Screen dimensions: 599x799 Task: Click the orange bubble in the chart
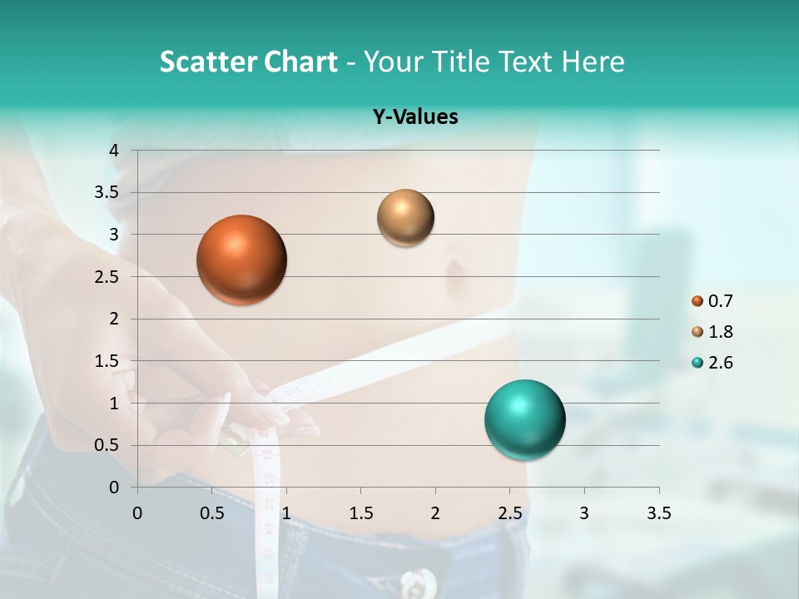click(x=241, y=260)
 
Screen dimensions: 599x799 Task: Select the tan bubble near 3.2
click(x=405, y=217)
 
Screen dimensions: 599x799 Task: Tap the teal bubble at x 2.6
click(x=524, y=419)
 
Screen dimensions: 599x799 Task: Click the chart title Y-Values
click(x=415, y=117)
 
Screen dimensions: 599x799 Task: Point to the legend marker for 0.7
click(x=697, y=301)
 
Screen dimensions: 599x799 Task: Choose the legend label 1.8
click(x=721, y=332)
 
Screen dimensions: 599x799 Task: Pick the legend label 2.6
click(x=721, y=363)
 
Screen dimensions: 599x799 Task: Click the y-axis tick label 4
click(x=115, y=151)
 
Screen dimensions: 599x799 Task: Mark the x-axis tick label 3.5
click(x=658, y=513)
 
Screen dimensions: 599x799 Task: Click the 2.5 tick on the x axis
click(x=509, y=513)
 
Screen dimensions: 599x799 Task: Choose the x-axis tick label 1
click(x=286, y=513)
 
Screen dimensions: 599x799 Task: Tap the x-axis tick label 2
click(x=434, y=513)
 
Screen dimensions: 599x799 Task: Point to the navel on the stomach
click(x=456, y=271)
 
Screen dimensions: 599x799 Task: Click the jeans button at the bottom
click(x=416, y=580)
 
